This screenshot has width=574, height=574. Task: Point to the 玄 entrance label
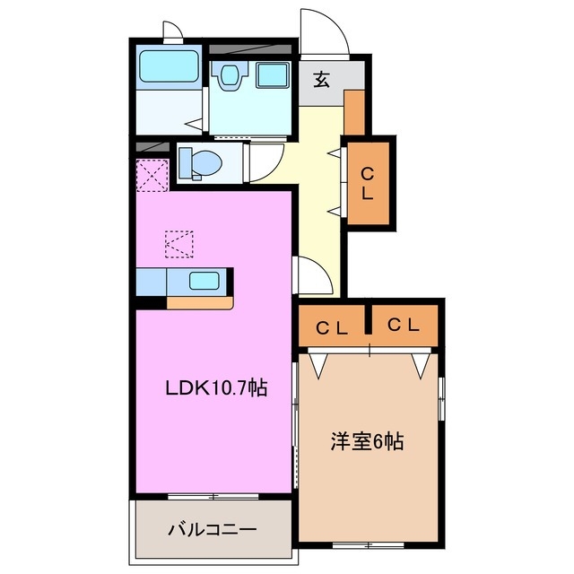click(321, 79)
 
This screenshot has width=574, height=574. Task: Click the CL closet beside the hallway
click(368, 182)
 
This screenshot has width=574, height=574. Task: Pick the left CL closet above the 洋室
click(331, 327)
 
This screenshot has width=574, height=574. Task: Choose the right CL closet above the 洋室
click(404, 326)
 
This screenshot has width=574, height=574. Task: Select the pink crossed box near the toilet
click(152, 174)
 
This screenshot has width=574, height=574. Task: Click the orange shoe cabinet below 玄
click(355, 111)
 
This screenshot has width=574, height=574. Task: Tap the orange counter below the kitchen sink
click(199, 301)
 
